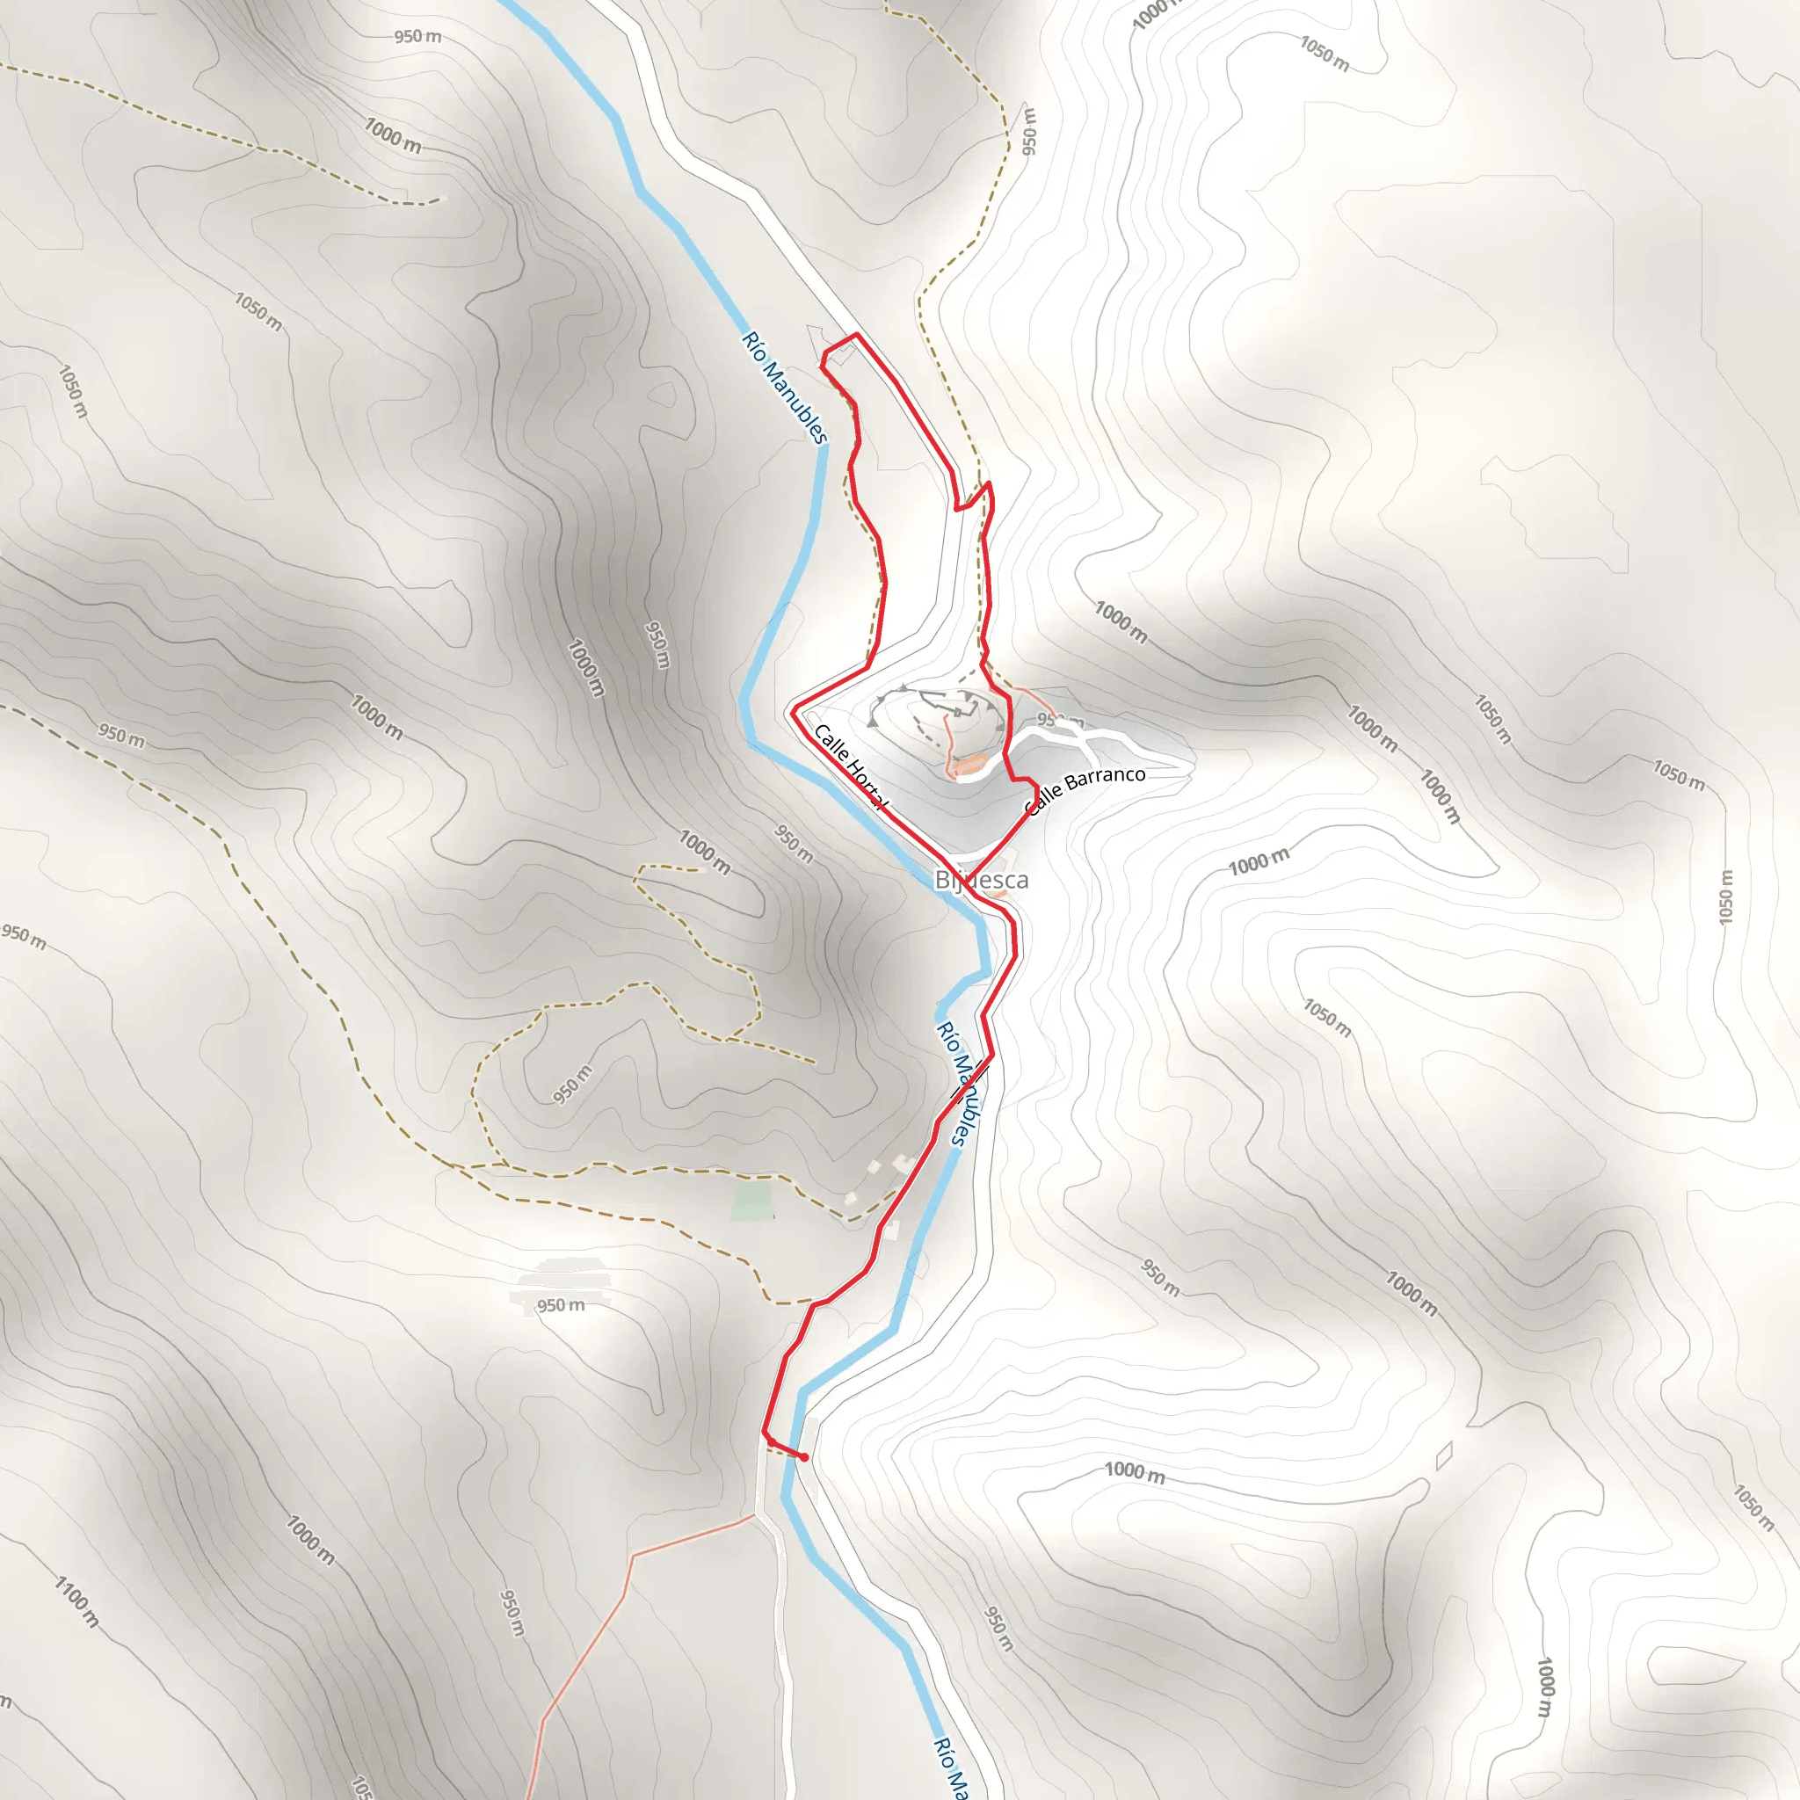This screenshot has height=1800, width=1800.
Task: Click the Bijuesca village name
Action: [981, 881]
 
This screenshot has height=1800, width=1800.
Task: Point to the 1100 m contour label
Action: [76, 1600]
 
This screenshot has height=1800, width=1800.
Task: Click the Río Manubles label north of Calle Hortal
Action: [785, 388]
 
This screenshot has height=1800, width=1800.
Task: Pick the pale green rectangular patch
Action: [751, 1200]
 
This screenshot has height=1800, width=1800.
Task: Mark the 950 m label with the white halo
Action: [561, 1305]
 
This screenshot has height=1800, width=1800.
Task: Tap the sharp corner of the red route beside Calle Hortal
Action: [794, 712]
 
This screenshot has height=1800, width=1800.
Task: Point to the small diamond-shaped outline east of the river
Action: [1444, 1455]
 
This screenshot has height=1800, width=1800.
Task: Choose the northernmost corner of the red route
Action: [855, 335]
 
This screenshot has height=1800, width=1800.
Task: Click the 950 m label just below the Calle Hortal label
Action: [794, 842]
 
